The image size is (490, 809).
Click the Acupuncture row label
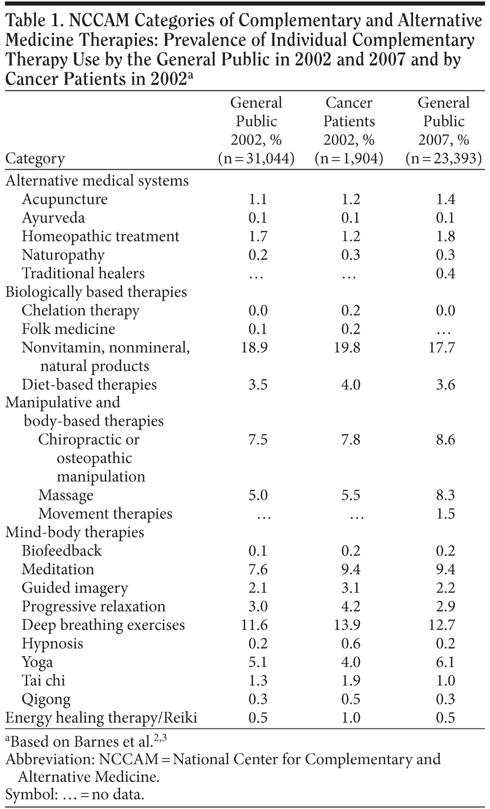click(x=64, y=199)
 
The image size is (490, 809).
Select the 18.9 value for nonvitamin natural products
click(x=255, y=348)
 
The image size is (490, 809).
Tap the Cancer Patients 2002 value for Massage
click(x=351, y=495)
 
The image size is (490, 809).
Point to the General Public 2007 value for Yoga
click(x=445, y=662)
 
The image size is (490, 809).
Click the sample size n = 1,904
click(x=349, y=159)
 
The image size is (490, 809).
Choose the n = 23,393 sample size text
click(x=444, y=159)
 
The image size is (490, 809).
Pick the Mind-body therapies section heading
click(x=75, y=533)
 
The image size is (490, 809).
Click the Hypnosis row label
click(x=52, y=644)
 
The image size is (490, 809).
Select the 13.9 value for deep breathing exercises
click(x=351, y=625)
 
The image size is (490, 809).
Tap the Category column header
click(x=35, y=159)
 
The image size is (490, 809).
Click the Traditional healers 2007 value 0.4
click(x=445, y=273)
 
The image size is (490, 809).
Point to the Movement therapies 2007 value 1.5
click(x=445, y=514)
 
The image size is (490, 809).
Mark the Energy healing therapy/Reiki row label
click(x=101, y=718)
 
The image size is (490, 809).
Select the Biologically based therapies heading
click(x=96, y=292)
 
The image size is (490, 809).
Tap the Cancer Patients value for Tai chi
click(x=351, y=681)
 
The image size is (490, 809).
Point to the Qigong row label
click(x=46, y=700)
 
